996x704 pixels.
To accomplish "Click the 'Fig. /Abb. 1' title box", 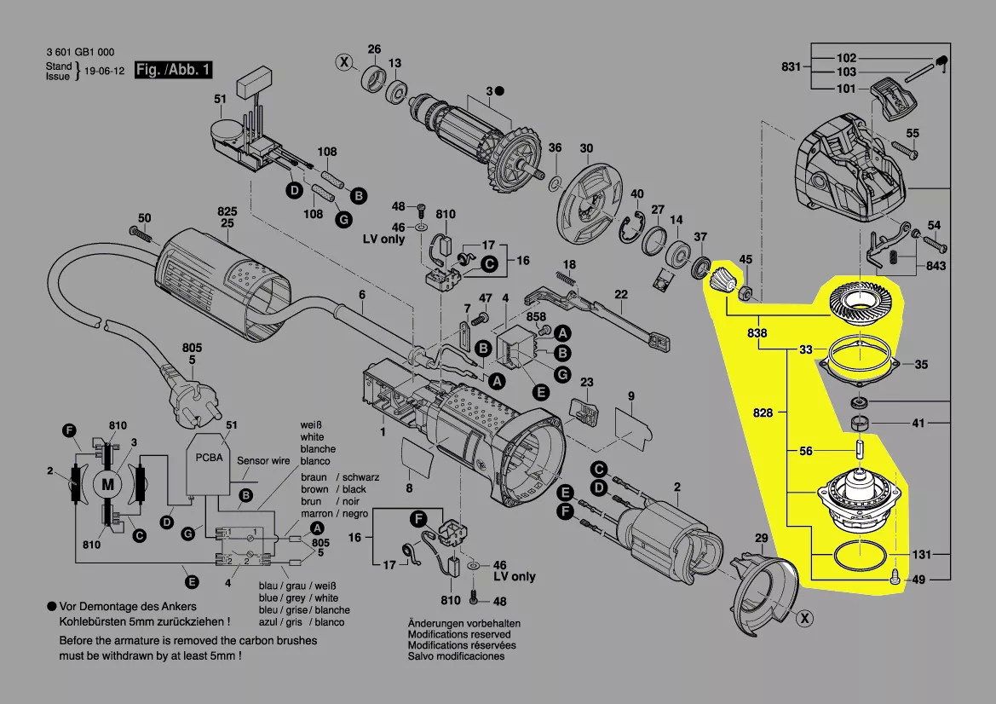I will (x=173, y=70).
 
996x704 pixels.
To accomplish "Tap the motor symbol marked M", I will (x=107, y=484).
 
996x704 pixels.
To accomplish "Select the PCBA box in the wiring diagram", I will (x=208, y=465).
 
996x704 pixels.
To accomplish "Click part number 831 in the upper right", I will (x=792, y=66).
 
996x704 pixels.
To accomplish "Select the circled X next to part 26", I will (x=344, y=61).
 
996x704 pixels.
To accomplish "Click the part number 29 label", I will (x=761, y=538).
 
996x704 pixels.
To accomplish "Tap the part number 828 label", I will (x=763, y=413).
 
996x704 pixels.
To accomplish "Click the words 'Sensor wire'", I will (x=263, y=461).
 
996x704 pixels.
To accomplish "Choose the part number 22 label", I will (x=621, y=295).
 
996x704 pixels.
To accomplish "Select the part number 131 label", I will (x=922, y=554).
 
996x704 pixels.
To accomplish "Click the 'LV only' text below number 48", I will (x=383, y=239).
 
